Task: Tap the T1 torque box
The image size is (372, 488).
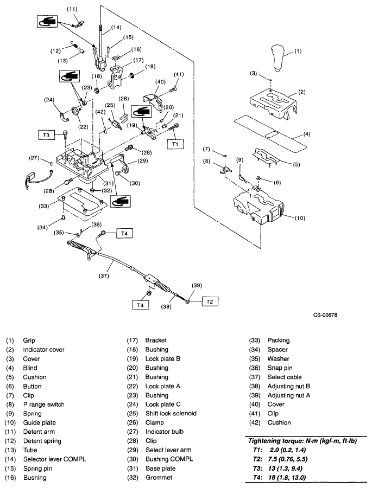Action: [x=175, y=145]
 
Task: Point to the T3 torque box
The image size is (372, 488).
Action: [x=47, y=133]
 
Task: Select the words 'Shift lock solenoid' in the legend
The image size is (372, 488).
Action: [x=171, y=414]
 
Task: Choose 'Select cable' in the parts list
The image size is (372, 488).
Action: [x=285, y=377]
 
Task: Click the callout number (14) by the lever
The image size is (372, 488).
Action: [x=116, y=27]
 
